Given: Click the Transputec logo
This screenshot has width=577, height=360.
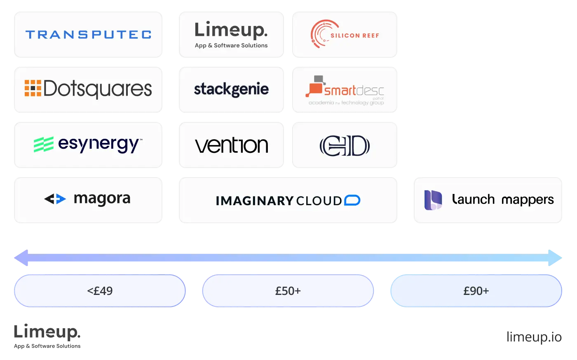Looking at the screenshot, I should click(89, 35).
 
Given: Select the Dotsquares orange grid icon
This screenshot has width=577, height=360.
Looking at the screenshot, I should click(33, 88).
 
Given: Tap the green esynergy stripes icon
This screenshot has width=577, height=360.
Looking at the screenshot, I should click(43, 145).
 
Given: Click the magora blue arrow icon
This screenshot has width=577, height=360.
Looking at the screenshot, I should click(55, 199).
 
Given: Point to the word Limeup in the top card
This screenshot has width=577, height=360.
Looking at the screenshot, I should click(231, 30).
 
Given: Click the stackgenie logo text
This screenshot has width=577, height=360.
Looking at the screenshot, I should click(231, 89).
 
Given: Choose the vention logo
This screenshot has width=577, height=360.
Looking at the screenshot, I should click(232, 145).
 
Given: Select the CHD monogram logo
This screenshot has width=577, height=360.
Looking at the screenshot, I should click(345, 146).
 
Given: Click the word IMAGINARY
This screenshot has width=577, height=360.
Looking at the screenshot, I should click(254, 201).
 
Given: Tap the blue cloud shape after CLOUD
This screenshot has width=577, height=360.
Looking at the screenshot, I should click(352, 201).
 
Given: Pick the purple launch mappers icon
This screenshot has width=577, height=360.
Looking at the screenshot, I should click(433, 200).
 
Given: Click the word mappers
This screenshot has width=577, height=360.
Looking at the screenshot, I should click(528, 200).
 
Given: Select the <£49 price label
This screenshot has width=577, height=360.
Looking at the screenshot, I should click(100, 291).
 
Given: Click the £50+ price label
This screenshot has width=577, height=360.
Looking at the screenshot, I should click(288, 291).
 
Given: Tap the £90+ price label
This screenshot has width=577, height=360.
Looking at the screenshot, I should click(476, 291).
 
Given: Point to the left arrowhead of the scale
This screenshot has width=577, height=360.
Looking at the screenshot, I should click(21, 258).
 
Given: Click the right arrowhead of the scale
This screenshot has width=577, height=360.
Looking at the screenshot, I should click(556, 258).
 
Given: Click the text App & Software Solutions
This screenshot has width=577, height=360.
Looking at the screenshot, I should click(231, 46).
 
